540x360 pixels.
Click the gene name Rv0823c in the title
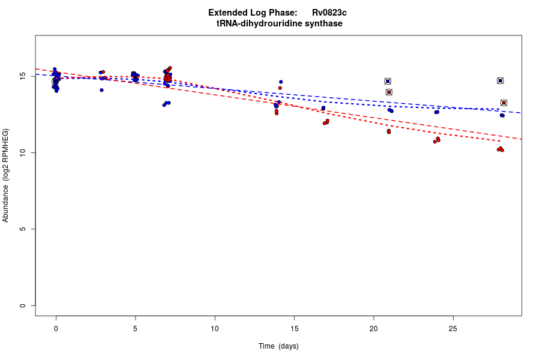[x=329, y=13]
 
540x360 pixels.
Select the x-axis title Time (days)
[x=278, y=346]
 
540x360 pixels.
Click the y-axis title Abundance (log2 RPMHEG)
[x=6, y=175]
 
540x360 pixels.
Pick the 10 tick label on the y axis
[x=23, y=153]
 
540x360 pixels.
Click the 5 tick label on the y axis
[x=23, y=229]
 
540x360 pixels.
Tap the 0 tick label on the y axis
[x=23, y=305]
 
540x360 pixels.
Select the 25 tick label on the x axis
[x=453, y=328]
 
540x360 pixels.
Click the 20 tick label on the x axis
[x=374, y=328]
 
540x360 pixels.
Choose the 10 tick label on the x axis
[x=215, y=328]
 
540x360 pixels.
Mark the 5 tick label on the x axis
[x=136, y=328]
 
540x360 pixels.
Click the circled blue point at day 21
[x=388, y=81]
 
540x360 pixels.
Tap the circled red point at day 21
[x=389, y=92]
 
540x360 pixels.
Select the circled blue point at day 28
[x=500, y=80]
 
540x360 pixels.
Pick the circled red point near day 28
[x=504, y=103]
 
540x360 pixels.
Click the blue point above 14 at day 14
[x=281, y=82]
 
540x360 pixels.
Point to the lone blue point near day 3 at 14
[x=101, y=90]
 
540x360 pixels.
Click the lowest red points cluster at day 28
[x=500, y=149]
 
